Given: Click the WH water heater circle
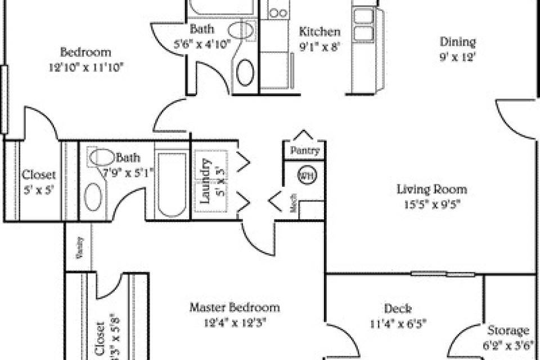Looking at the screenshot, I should (305, 175).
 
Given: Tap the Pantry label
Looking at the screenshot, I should (305, 151).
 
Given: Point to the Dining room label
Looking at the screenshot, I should (457, 42).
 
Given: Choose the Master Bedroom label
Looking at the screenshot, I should (234, 308).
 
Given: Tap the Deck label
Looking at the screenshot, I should (398, 309).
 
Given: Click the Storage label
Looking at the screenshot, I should (508, 330).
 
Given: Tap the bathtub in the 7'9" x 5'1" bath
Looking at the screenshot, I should (172, 182).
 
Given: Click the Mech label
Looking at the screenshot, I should (293, 207).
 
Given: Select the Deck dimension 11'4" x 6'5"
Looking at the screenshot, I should (398, 324).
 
